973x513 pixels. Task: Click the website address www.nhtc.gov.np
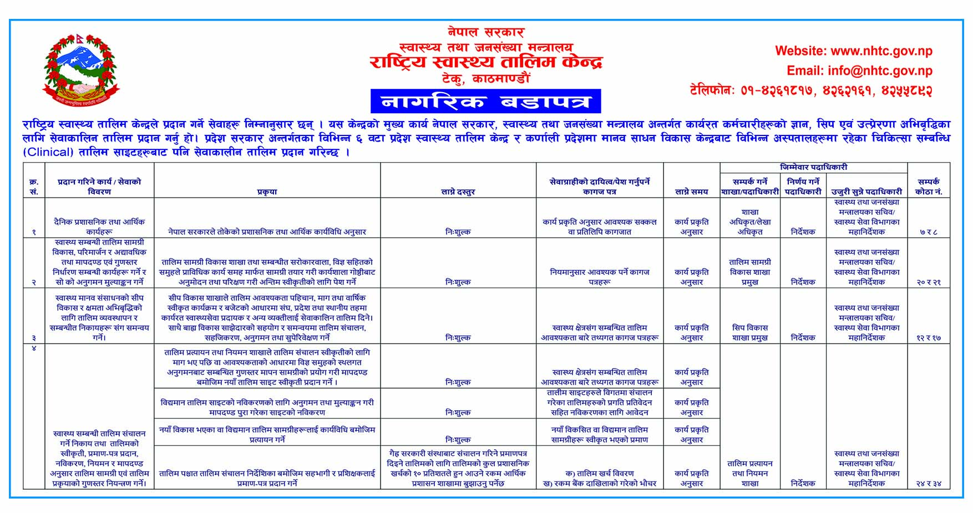tap(853, 51)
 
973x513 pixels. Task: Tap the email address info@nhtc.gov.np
tap(859, 71)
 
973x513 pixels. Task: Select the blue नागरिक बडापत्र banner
tap(485, 102)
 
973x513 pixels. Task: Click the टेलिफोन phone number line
tap(810, 90)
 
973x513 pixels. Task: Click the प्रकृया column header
tap(267, 192)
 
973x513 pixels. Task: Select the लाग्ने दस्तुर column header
tap(458, 192)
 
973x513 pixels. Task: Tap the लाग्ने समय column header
tap(691, 192)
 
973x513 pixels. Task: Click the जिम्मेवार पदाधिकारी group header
tap(813, 167)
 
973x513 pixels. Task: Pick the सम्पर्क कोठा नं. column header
tap(929, 187)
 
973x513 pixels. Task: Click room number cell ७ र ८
tap(929, 232)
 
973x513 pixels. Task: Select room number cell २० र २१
tap(929, 282)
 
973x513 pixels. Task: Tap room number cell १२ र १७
tap(929, 338)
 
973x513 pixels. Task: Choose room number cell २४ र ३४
tap(929, 484)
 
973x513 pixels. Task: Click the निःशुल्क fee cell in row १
tap(458, 232)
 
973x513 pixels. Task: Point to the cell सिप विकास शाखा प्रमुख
tap(749, 333)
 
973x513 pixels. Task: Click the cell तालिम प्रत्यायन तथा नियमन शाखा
tap(749, 473)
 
